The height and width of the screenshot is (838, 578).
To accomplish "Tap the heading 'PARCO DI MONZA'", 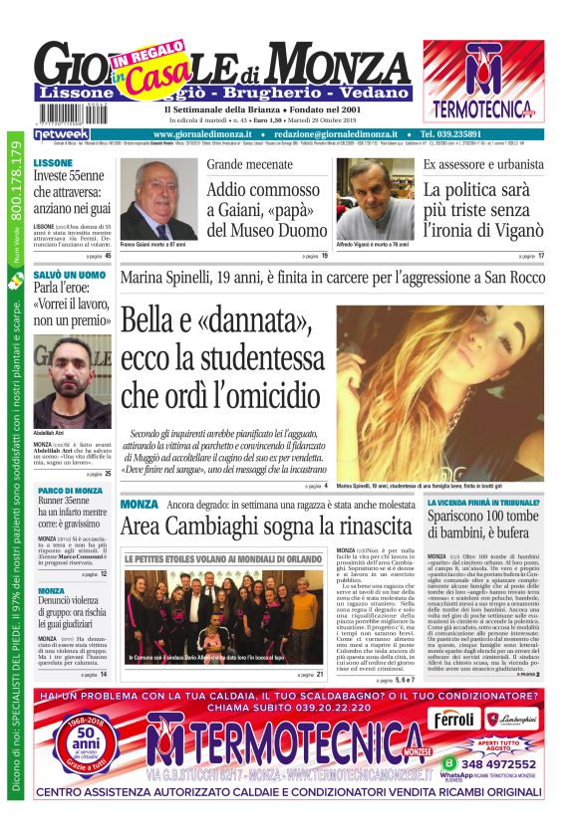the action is point(70,491).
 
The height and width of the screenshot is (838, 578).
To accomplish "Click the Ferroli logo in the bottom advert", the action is point(454,720).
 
